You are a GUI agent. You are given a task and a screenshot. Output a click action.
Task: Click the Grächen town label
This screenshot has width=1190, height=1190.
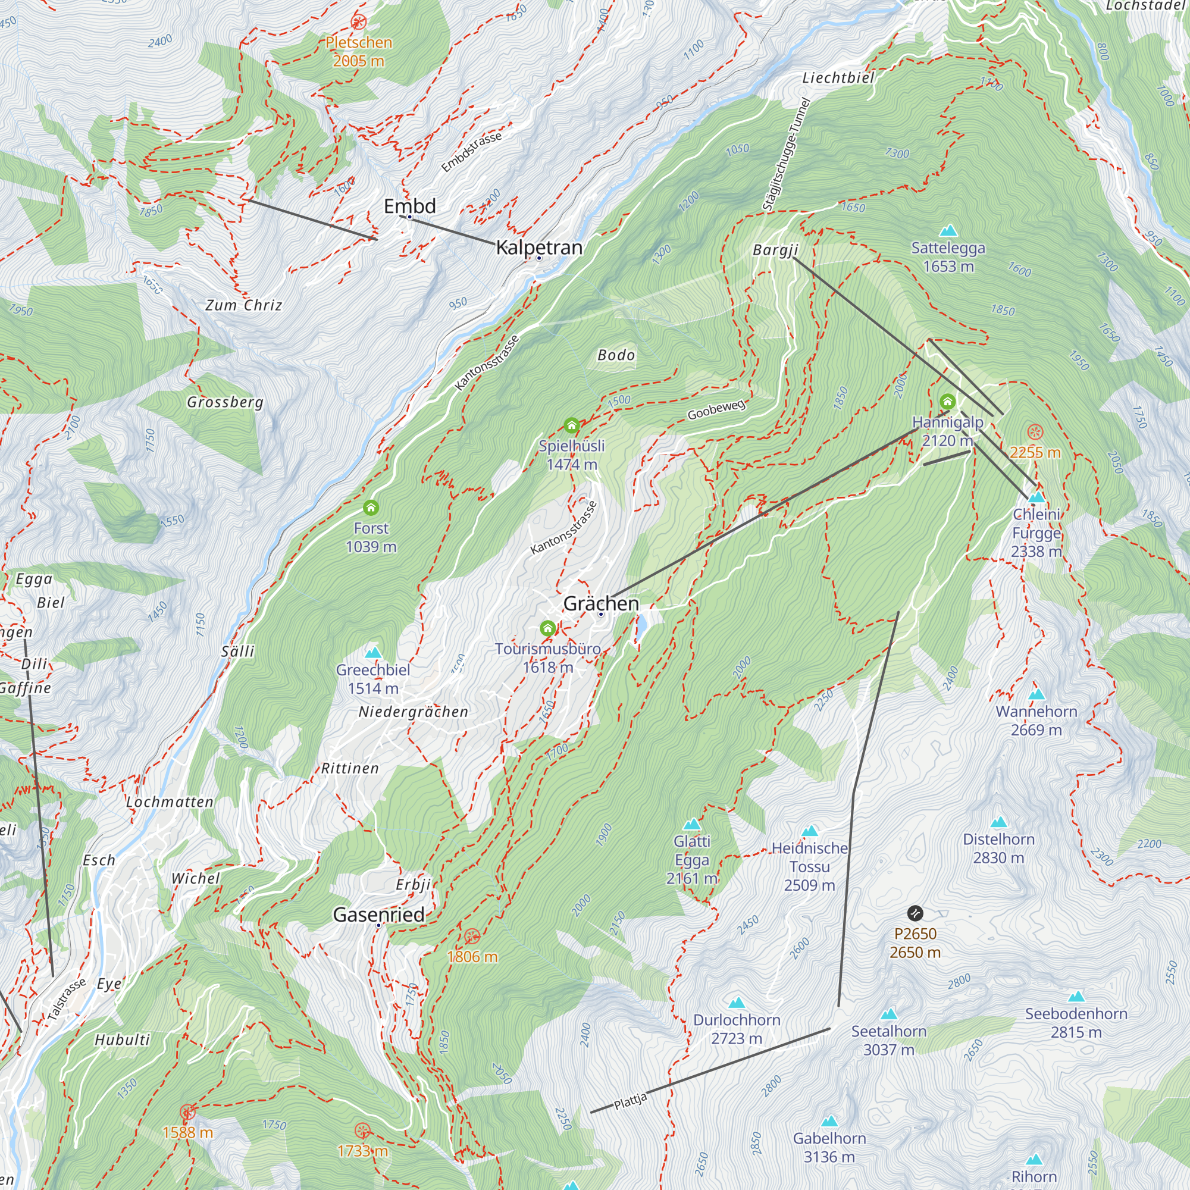[x=600, y=603]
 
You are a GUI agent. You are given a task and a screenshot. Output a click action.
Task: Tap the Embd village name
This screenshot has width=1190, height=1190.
[x=409, y=206]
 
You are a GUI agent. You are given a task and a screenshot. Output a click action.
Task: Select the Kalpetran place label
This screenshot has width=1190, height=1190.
[x=539, y=247]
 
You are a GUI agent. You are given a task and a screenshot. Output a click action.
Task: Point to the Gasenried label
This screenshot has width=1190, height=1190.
[x=378, y=915]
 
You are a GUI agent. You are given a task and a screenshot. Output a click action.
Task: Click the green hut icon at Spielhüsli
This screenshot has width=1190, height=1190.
[x=572, y=425]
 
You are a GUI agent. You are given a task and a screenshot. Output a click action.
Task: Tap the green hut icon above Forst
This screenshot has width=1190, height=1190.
[x=371, y=508]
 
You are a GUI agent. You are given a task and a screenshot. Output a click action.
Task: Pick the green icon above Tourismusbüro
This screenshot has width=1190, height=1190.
[x=547, y=628]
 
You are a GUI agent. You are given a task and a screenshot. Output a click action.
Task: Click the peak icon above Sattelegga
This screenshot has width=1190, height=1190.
[x=948, y=231]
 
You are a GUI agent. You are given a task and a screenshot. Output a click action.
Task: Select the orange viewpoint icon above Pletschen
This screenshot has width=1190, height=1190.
[x=358, y=23]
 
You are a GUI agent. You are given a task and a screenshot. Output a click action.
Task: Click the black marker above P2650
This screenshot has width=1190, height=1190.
[x=915, y=913]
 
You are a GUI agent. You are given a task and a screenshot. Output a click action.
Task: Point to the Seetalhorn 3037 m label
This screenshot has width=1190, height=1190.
[x=888, y=1039]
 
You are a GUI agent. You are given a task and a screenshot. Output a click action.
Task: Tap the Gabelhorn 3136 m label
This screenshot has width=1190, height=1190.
[x=829, y=1148]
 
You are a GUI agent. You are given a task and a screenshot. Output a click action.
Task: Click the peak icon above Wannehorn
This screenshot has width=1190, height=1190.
[x=1036, y=695]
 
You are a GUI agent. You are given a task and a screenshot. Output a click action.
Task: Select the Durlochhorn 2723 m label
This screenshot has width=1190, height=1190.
[x=737, y=1029]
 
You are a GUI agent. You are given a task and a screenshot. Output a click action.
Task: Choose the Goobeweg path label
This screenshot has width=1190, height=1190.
[x=716, y=409]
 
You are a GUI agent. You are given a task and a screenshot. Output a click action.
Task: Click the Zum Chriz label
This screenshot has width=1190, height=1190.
[x=244, y=305]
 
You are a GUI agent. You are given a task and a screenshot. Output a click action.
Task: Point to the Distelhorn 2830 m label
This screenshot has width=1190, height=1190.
[x=998, y=848]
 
